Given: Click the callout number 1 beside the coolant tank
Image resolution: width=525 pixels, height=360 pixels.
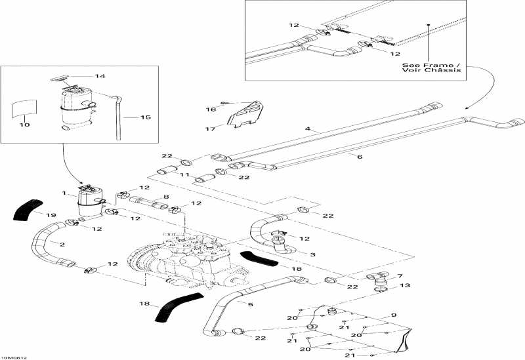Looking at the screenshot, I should [x=64, y=194].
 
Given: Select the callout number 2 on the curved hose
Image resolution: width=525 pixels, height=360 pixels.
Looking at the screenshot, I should [x=62, y=244].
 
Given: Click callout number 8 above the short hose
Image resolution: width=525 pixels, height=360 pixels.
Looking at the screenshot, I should [x=166, y=196].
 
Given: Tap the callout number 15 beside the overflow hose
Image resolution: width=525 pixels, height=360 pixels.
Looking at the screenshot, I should [x=146, y=117].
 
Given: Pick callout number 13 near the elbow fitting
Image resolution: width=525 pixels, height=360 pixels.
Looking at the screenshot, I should [x=405, y=285].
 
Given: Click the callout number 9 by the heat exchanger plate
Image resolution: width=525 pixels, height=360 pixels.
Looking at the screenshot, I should [x=394, y=315].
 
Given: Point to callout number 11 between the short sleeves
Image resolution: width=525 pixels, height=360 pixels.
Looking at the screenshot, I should [x=186, y=176].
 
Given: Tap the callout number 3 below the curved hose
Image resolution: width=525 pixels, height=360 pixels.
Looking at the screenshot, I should [x=313, y=254].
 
